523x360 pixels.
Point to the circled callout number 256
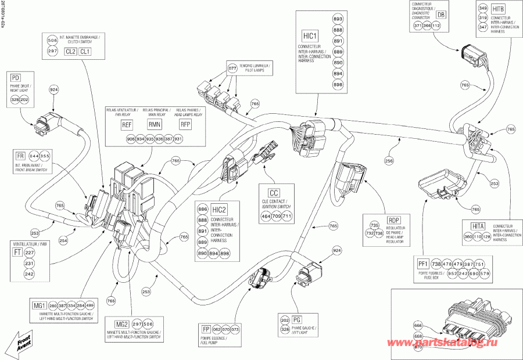click(x=388, y=159)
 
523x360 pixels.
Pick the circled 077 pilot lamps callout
click(x=232, y=69)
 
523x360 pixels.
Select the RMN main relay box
click(x=154, y=125)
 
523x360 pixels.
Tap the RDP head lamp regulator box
click(x=393, y=220)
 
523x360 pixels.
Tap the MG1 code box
click(x=40, y=305)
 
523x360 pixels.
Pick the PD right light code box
click(x=16, y=77)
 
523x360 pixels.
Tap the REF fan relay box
click(x=127, y=125)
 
